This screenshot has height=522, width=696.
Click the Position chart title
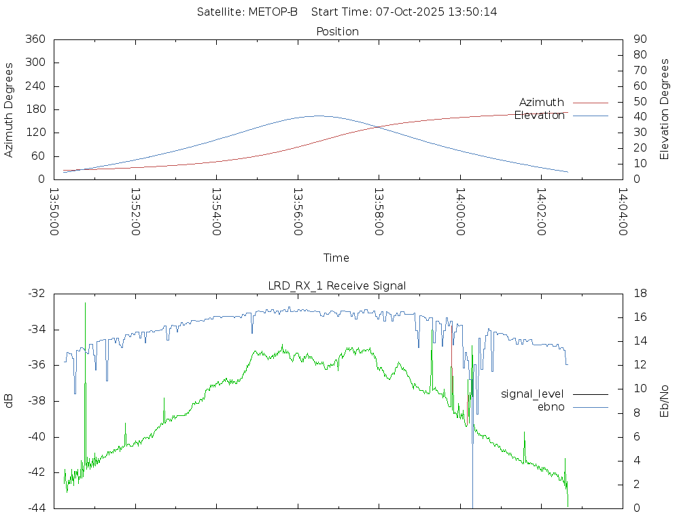[338, 31]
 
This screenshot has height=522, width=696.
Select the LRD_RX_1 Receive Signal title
[337, 285]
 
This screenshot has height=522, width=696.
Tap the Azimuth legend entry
[542, 103]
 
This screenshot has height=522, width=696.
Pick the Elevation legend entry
[540, 116]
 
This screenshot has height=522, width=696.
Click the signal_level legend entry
[532, 394]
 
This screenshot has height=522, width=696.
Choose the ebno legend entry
[551, 406]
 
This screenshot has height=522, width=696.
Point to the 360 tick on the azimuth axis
[35, 39]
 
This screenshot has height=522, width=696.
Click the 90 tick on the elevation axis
[639, 39]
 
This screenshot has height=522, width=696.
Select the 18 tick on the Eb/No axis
[640, 294]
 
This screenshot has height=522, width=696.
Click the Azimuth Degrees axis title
[10, 110]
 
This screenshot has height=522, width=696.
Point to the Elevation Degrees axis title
[665, 109]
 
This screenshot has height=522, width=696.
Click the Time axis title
[336, 258]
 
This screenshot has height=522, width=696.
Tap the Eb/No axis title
[665, 401]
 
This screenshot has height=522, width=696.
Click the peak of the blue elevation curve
[318, 116]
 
